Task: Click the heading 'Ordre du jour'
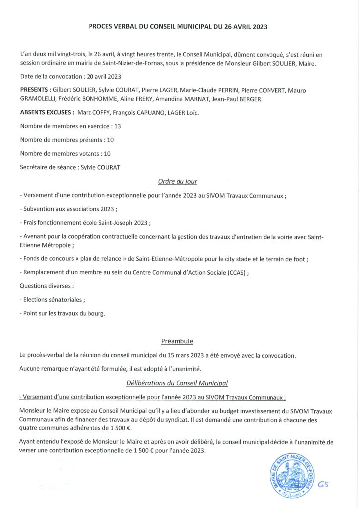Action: coord(177,181)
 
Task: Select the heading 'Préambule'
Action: coord(177,341)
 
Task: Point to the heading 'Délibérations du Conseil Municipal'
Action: coord(177,383)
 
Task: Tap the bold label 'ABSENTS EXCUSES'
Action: coord(47,113)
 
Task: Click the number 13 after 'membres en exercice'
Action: coord(118,126)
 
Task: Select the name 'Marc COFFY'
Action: coord(94,113)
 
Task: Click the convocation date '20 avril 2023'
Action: coord(99,77)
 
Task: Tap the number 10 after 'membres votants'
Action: coord(107,154)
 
